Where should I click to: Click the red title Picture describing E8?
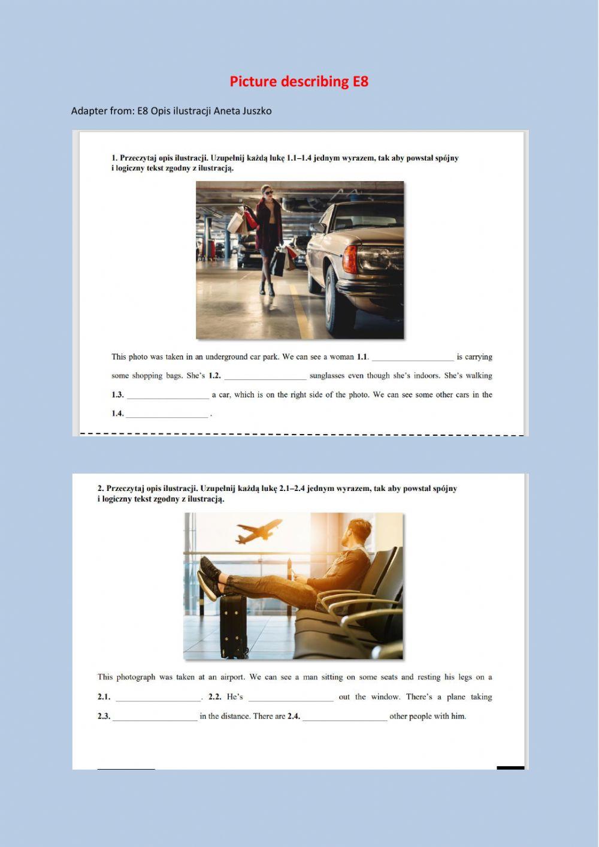click(299, 82)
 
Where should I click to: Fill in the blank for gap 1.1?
click(413, 358)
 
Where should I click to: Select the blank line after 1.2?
click(265, 377)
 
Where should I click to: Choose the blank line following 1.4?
click(167, 415)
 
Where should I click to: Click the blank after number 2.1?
click(159, 698)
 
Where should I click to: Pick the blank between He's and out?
click(291, 698)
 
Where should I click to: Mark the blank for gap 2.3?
click(155, 718)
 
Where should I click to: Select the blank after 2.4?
click(345, 718)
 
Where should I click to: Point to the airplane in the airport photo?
click(259, 530)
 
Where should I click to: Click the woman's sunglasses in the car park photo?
click(267, 192)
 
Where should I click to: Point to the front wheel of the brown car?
click(332, 300)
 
